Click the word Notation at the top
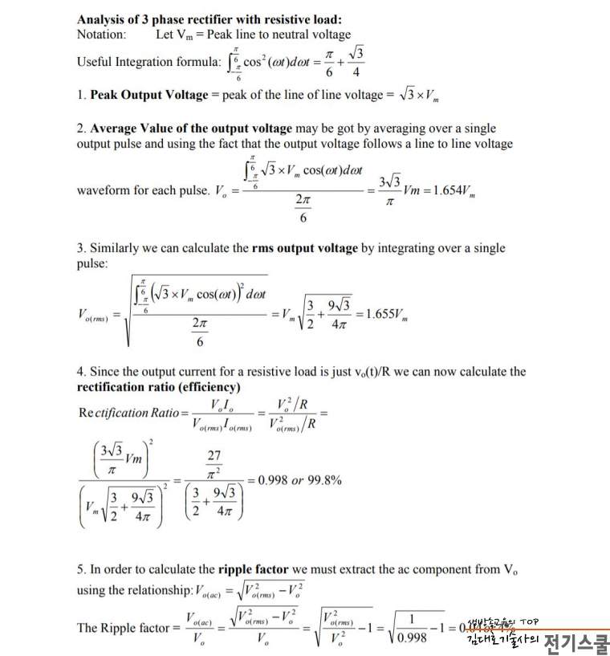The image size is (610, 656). [x=101, y=35]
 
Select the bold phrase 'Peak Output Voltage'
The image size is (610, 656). [x=149, y=95]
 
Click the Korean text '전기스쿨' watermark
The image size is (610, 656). [x=575, y=642]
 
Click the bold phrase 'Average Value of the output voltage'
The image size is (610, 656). [x=192, y=128]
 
